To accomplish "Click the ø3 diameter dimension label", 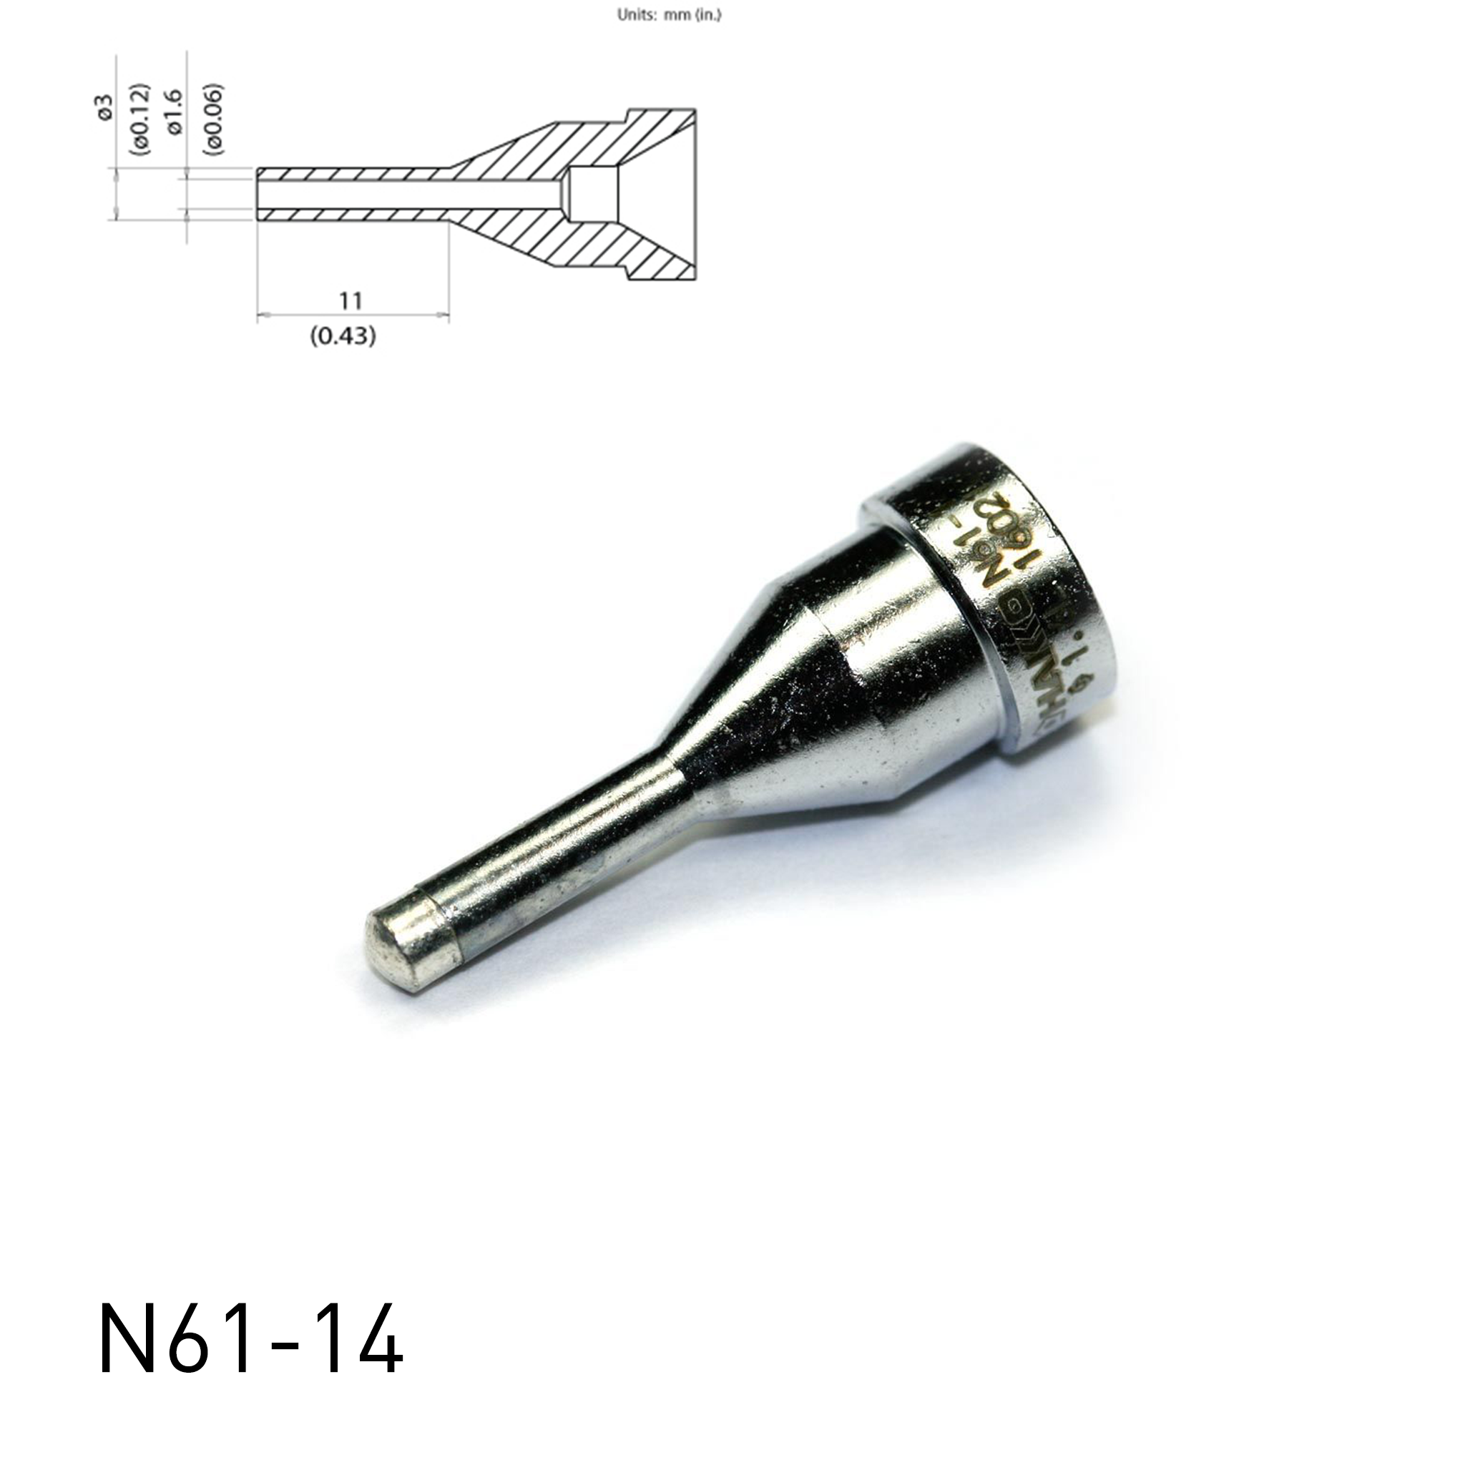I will coord(106,107).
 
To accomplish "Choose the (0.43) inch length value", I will coord(343,335).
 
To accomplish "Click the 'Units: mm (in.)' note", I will coord(669,15).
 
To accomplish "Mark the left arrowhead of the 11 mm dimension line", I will coord(263,314).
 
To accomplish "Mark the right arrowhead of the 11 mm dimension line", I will coord(445,314).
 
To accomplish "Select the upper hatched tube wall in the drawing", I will coord(356,173).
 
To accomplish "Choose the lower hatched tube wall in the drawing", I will coord(356,214).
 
